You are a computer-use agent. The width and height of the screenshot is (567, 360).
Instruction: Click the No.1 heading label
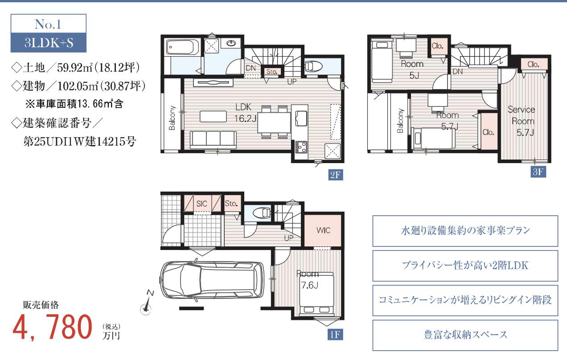click(x=48, y=25)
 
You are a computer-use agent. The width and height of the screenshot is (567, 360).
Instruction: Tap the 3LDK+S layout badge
click(x=49, y=42)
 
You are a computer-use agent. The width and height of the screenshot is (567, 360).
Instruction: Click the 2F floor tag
click(x=336, y=175)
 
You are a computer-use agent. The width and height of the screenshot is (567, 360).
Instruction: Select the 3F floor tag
click(x=538, y=172)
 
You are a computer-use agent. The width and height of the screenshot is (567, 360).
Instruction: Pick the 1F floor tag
click(x=335, y=335)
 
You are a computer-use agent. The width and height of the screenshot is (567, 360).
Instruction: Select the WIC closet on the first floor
click(x=323, y=230)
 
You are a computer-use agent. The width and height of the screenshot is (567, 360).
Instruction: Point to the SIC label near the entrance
click(x=201, y=204)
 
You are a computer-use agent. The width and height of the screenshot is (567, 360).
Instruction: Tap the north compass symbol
click(x=147, y=303)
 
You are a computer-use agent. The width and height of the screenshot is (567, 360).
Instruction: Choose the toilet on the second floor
click(x=314, y=66)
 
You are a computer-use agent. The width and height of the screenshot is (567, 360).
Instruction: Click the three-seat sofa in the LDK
click(x=213, y=139)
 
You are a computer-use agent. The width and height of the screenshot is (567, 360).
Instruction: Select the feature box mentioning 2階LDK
click(x=465, y=266)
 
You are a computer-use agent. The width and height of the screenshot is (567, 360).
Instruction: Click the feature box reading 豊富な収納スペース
click(x=465, y=335)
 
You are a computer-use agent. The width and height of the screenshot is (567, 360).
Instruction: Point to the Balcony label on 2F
click(x=172, y=118)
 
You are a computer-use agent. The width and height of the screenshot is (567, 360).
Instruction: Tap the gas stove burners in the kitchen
click(x=301, y=147)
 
